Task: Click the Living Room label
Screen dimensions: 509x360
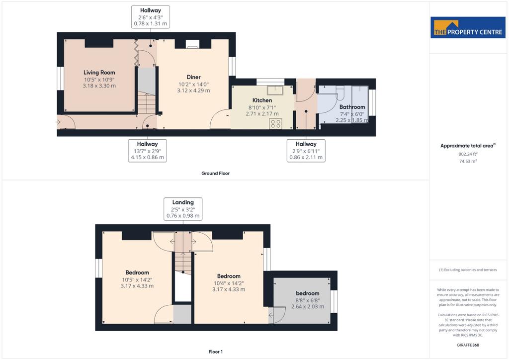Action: pyautogui.click(x=99, y=73)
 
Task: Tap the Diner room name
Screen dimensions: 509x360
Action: pyautogui.click(x=193, y=77)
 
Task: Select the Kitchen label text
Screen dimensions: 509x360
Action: pyautogui.click(x=262, y=100)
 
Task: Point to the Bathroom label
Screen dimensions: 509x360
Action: pyautogui.click(x=352, y=107)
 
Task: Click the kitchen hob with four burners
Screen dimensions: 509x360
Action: pyautogui.click(x=275, y=124)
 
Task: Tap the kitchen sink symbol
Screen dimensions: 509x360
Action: pyautogui.click(x=275, y=90)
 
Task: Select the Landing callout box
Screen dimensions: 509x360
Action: pyautogui.click(x=183, y=209)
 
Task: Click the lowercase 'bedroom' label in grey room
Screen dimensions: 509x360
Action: pyautogui.click(x=307, y=293)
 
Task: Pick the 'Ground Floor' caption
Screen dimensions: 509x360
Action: pyautogui.click(x=216, y=174)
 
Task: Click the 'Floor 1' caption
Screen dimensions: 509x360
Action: pyautogui.click(x=216, y=352)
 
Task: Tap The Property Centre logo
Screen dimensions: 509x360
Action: pyautogui.click(x=468, y=27)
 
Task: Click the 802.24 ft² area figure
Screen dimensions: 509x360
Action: pyautogui.click(x=468, y=154)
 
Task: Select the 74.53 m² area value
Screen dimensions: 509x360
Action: pyautogui.click(x=468, y=161)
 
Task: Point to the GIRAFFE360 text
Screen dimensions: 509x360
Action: pyautogui.click(x=468, y=345)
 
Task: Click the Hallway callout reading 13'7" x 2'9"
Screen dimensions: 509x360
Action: pyautogui.click(x=147, y=151)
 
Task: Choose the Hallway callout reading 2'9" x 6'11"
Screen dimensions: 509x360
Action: pyautogui.click(x=306, y=151)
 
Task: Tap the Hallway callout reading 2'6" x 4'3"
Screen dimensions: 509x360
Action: pyautogui.click(x=150, y=17)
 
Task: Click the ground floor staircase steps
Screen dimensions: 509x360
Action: pyautogui.click(x=147, y=102)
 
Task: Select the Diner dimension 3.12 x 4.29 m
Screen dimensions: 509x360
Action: pyautogui.click(x=193, y=90)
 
